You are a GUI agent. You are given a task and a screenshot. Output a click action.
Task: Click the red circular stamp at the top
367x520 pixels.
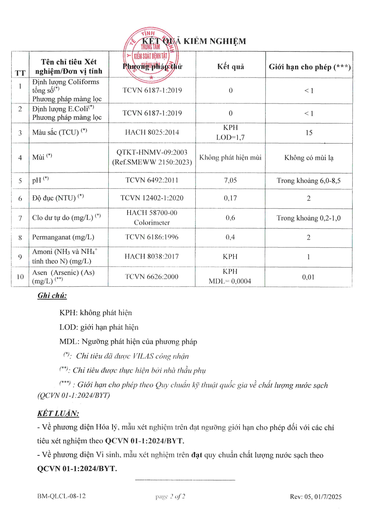(151, 55)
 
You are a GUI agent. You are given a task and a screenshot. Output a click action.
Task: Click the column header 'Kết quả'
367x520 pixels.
(231, 67)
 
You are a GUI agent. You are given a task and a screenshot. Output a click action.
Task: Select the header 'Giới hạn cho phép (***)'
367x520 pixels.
(310, 67)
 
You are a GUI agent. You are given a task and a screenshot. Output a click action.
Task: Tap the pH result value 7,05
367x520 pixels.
(230, 180)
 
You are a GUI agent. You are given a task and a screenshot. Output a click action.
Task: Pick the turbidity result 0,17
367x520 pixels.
(230, 198)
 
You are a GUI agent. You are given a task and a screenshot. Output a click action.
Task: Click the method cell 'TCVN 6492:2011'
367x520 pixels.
(152, 180)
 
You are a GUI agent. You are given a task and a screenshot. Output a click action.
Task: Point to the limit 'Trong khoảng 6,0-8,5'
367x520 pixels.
(308, 181)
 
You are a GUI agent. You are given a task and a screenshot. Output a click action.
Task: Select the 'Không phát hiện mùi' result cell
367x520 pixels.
(230, 157)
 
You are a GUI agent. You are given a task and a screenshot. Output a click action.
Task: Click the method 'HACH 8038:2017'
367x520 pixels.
(152, 256)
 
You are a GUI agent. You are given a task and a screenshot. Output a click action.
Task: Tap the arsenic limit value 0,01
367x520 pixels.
(308, 277)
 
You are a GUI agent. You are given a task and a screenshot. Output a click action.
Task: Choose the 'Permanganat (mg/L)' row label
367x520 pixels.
(63, 237)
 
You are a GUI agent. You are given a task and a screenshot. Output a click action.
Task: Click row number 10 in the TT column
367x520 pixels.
(20, 277)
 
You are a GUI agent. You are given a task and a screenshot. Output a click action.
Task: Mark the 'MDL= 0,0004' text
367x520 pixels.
(230, 281)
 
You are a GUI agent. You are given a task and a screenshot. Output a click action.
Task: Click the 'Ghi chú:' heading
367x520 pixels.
(52, 295)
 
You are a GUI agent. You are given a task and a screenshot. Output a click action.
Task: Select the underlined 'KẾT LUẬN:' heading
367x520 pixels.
(58, 413)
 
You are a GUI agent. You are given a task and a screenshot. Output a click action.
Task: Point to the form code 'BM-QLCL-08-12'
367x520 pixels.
(62, 496)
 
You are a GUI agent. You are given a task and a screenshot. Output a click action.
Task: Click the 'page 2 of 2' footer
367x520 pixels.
(170, 496)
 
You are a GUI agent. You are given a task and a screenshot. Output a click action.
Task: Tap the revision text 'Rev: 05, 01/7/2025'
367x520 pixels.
(316, 497)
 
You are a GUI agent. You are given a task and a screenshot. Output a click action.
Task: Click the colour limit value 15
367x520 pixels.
(309, 133)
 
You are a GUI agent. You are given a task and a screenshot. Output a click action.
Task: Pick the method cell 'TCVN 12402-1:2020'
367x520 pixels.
(152, 198)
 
